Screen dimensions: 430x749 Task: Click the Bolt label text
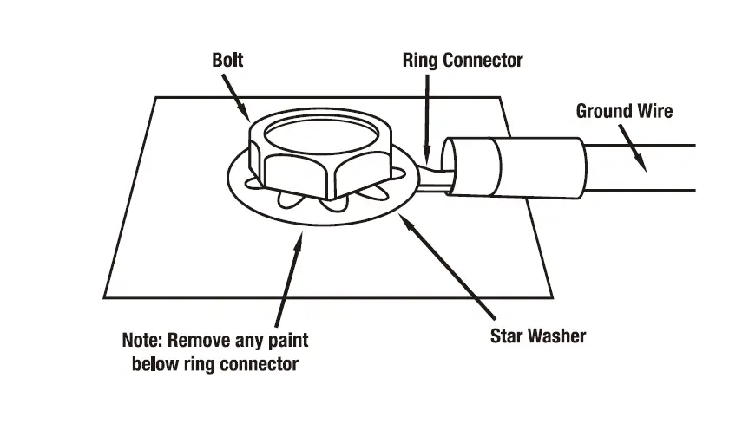[x=228, y=61]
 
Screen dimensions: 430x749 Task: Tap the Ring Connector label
[x=463, y=61]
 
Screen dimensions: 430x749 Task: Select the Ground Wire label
[x=624, y=111]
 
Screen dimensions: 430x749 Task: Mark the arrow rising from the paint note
[x=292, y=277]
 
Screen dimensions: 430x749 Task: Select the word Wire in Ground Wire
[x=653, y=111]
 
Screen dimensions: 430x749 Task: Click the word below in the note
[x=153, y=363]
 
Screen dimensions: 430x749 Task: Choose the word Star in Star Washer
[x=506, y=336]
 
